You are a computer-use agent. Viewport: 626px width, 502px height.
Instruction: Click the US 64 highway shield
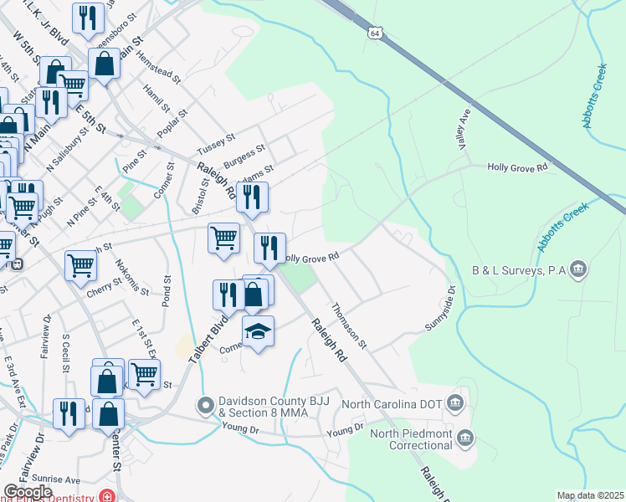[x=374, y=33]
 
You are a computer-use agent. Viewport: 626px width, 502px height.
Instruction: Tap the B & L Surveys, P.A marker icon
[x=577, y=269]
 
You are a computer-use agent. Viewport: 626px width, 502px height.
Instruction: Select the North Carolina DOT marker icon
[x=454, y=404]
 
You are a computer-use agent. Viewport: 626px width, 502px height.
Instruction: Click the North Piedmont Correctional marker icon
[x=466, y=438]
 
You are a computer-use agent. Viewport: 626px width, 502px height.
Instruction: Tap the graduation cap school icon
[x=259, y=332]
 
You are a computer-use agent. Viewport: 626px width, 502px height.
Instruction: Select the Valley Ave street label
[x=463, y=130]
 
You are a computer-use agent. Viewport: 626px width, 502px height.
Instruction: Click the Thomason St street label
[x=350, y=326]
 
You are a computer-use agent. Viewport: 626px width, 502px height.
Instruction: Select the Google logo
[x=28, y=492]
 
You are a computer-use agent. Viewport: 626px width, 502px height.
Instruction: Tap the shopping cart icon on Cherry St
[x=80, y=265]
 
